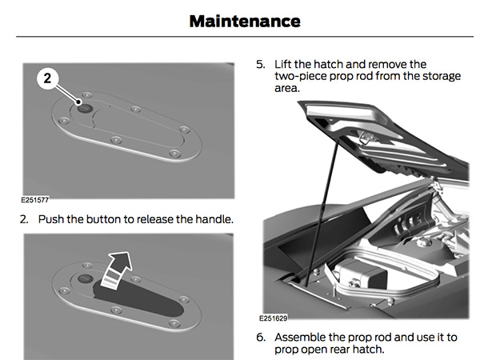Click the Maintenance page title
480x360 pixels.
[x=244, y=22]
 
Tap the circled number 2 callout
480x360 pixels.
[x=48, y=78]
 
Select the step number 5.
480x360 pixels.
[x=260, y=62]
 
